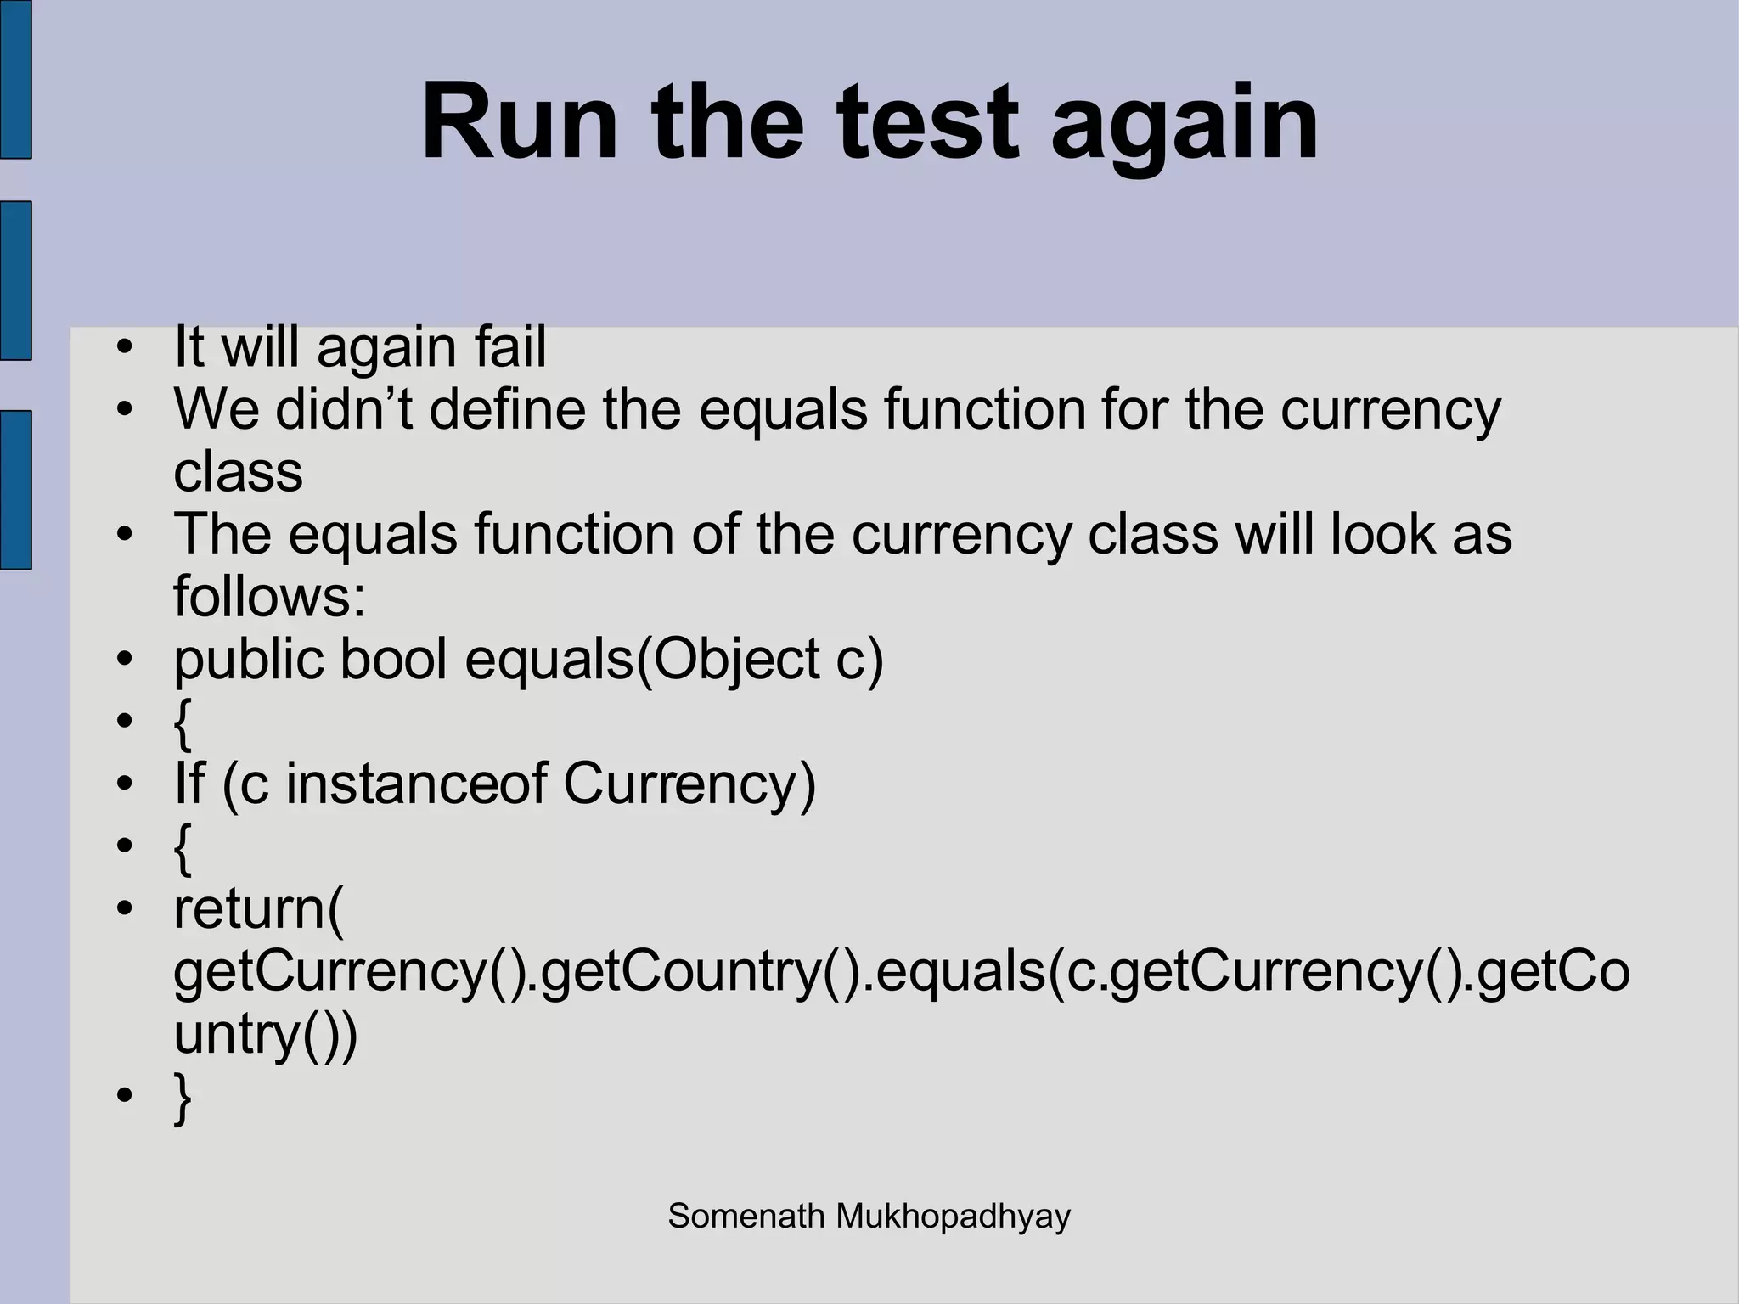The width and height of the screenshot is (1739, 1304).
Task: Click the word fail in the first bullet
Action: (x=509, y=347)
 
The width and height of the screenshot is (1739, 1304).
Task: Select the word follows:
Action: (x=269, y=596)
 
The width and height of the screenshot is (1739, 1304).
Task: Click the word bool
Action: (x=393, y=659)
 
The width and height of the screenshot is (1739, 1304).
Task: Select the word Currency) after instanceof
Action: (x=689, y=784)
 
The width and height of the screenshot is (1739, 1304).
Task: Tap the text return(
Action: (x=258, y=908)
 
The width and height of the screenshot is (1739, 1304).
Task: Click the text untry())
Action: (x=265, y=1034)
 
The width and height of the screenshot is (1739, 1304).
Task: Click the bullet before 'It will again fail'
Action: (x=125, y=348)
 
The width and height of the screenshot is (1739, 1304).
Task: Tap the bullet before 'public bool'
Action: (x=125, y=660)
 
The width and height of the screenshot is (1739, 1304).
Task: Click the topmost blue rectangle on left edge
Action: (x=15, y=79)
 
